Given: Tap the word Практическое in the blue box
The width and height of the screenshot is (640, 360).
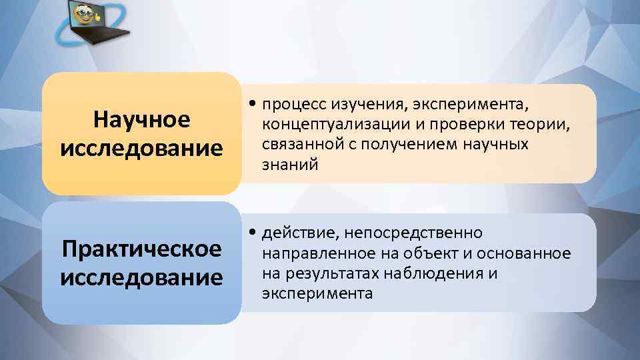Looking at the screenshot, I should [x=141, y=249].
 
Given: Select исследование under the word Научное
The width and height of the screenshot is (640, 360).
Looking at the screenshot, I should [x=141, y=147].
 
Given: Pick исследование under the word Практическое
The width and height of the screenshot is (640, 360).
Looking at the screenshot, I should [x=141, y=277].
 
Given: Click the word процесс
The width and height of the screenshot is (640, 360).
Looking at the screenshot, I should [x=287, y=105].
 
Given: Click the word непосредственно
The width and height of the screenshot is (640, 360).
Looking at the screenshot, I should [x=416, y=233].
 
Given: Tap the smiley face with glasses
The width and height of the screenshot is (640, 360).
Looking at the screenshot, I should [x=83, y=15].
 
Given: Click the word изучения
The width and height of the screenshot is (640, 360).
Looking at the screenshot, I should [x=364, y=105].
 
